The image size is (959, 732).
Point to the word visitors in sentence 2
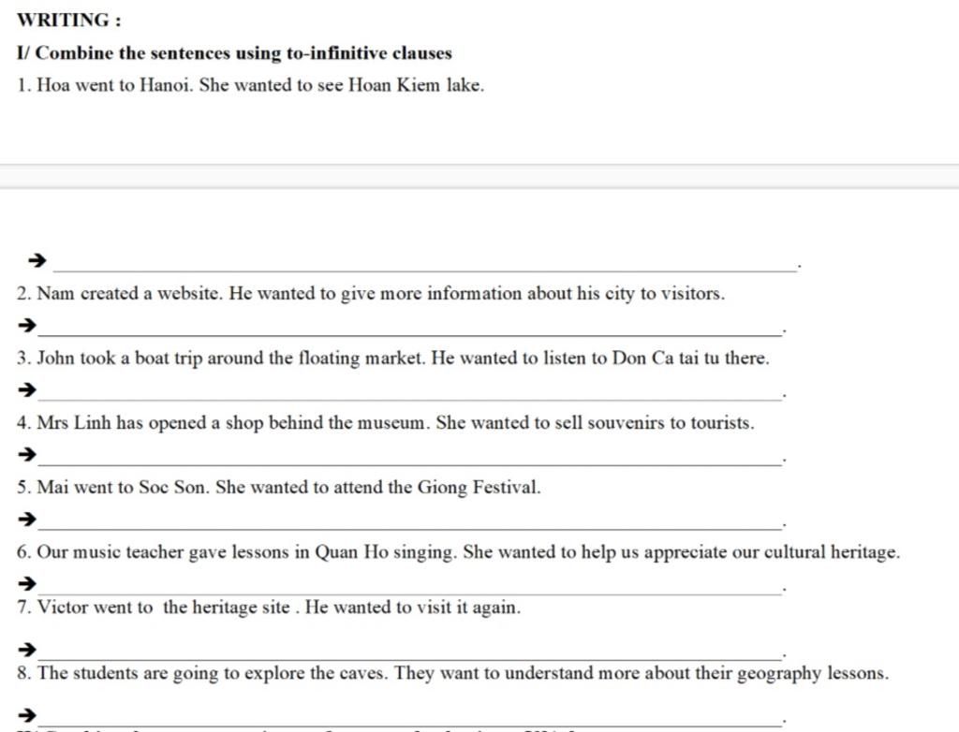coord(693,294)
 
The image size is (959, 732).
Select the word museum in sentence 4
coord(391,423)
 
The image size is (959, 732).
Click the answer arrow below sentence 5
coord(29,519)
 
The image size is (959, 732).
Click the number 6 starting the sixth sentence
coord(22,552)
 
